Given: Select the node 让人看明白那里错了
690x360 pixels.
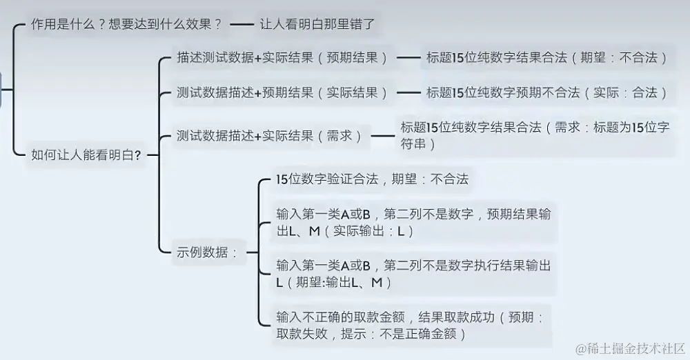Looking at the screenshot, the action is click(x=317, y=24).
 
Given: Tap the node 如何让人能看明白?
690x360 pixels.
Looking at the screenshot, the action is click(x=87, y=154).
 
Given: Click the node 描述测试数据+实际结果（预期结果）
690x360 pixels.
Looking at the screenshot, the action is click(x=282, y=58).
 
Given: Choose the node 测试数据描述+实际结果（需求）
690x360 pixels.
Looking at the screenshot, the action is click(x=270, y=135).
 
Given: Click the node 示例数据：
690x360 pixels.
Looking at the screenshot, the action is click(x=208, y=252).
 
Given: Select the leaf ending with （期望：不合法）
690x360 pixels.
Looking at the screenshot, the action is click(x=546, y=58).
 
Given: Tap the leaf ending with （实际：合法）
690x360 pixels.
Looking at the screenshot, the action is click(x=546, y=92).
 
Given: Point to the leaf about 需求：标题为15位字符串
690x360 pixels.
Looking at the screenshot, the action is click(x=535, y=136).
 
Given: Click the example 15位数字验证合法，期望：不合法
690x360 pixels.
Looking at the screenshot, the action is click(x=372, y=179).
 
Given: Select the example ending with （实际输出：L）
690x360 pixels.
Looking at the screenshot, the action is click(x=413, y=222).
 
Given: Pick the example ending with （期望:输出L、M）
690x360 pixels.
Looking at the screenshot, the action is click(x=413, y=273).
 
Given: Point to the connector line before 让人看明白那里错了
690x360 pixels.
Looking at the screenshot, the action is click(x=241, y=24).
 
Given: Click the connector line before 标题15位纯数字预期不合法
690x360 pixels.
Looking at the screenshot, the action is click(x=412, y=92).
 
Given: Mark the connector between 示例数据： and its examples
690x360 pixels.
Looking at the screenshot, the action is click(x=253, y=252).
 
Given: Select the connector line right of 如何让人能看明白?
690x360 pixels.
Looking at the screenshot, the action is click(x=152, y=154).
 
